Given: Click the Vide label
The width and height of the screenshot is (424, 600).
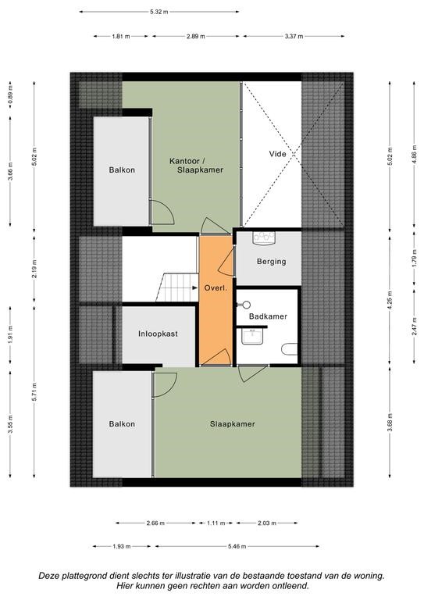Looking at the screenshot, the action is [277, 154].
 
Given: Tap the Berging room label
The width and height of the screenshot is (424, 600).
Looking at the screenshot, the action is [272, 262].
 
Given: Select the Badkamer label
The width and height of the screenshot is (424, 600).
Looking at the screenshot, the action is [268, 316].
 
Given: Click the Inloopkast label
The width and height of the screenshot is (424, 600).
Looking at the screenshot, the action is [158, 334].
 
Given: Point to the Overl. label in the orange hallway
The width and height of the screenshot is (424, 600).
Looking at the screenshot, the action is [216, 287].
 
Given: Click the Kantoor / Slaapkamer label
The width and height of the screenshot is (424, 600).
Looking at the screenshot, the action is [196, 166].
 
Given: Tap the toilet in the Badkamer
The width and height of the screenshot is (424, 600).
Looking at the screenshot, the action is [290, 349].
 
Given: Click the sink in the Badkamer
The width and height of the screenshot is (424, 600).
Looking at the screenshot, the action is [252, 337].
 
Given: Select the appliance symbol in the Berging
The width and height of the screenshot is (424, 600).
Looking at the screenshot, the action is [264, 237].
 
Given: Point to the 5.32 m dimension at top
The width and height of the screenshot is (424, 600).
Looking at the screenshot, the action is [159, 12].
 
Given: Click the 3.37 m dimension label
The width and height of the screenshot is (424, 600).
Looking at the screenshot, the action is [294, 37].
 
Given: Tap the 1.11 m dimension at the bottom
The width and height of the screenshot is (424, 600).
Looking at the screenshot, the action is [216, 523].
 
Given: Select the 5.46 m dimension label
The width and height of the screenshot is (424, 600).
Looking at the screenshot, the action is [237, 546].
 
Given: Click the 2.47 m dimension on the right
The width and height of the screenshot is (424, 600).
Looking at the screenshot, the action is [414, 326].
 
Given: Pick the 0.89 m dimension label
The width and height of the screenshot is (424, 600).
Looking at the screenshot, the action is [10, 95].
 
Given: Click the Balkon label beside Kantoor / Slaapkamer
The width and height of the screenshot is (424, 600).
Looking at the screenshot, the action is [122, 170].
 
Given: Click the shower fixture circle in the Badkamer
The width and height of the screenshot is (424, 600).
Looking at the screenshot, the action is [246, 305].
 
